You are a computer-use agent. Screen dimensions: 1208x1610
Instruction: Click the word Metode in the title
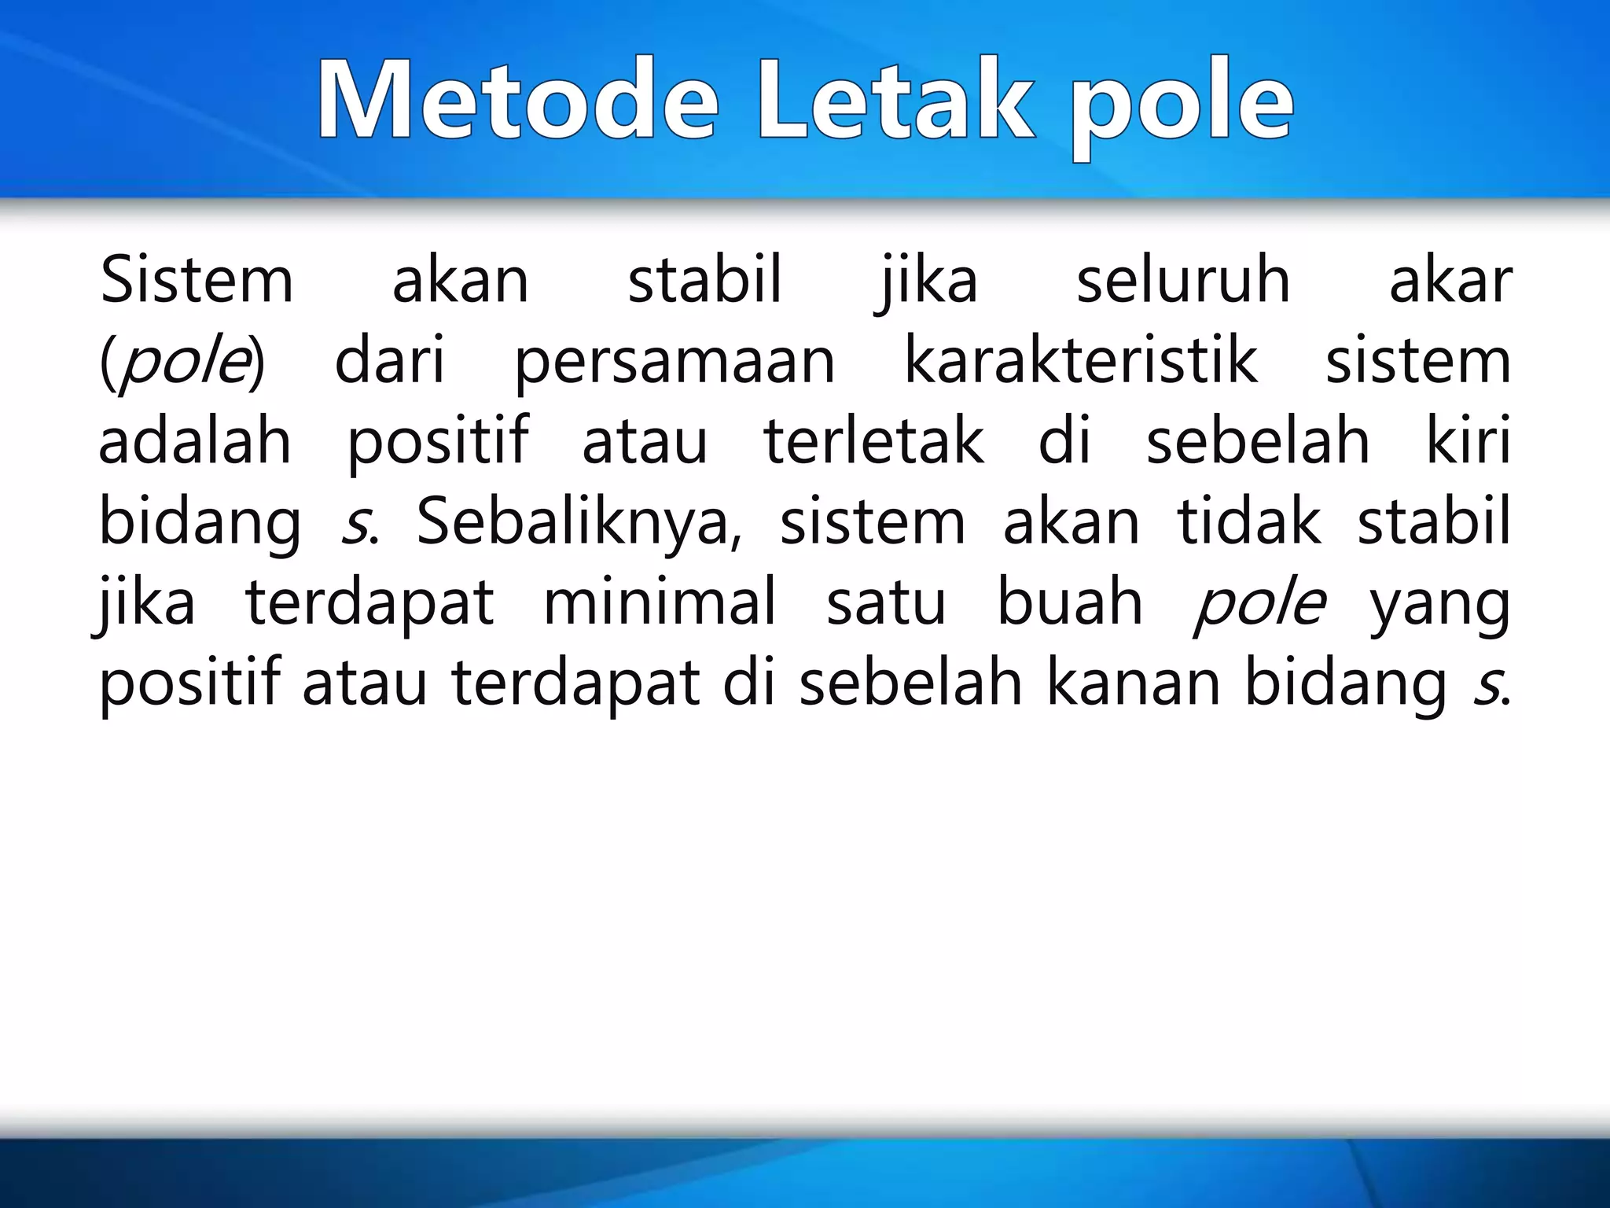tap(518, 101)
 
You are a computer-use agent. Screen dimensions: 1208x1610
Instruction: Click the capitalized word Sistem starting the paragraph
tap(197, 281)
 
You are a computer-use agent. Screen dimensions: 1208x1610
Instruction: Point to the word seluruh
tap(1183, 281)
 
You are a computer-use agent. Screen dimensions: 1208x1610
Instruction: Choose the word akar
tap(1450, 281)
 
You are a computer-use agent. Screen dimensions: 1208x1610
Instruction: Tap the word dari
tap(390, 361)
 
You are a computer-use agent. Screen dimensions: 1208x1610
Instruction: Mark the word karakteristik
tap(1081, 361)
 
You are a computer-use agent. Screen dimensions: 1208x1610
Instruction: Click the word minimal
tap(660, 602)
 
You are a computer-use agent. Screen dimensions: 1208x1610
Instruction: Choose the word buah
tap(1069, 602)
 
